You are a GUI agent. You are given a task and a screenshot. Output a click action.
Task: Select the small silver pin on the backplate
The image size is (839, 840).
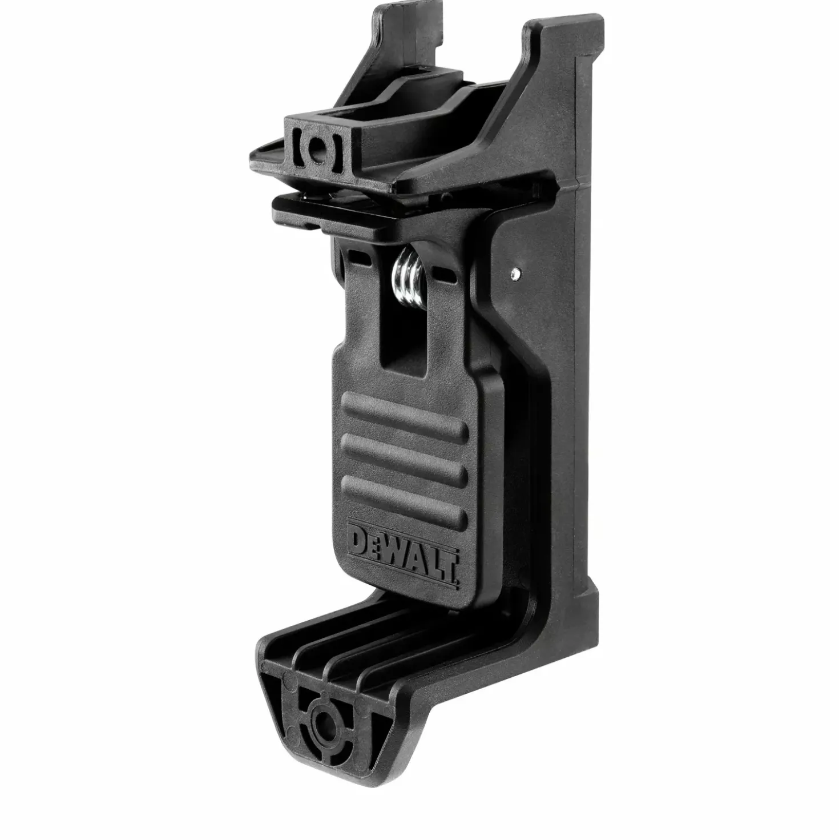pyautogui.click(x=515, y=274)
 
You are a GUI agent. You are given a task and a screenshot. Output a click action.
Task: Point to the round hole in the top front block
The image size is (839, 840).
pyautogui.click(x=318, y=148)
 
